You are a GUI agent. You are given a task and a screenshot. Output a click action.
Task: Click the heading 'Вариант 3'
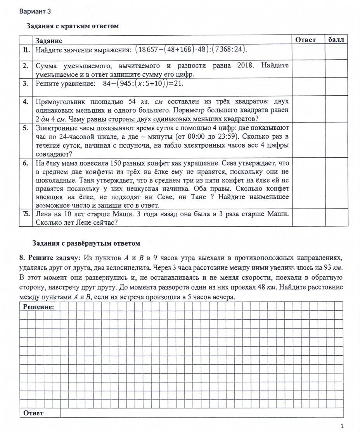point(35,11)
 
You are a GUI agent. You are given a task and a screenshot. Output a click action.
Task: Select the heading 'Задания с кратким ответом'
point(72,26)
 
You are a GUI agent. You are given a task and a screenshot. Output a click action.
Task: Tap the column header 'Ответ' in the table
point(306,40)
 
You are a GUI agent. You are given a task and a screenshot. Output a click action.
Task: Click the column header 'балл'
point(336,40)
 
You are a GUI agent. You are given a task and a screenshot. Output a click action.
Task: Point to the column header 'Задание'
point(49,40)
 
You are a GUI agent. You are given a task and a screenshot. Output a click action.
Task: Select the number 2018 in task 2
point(245,65)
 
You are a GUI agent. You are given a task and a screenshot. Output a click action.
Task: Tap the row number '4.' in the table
point(26,102)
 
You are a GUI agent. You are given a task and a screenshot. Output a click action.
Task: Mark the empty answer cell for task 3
point(308,87)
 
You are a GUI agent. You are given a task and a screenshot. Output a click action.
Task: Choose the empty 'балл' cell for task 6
point(336,183)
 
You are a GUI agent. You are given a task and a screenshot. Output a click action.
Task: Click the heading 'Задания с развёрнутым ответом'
point(86,243)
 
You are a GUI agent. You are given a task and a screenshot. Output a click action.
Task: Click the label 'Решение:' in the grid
point(38,307)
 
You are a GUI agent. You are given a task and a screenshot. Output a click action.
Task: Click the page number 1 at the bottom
point(342,426)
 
